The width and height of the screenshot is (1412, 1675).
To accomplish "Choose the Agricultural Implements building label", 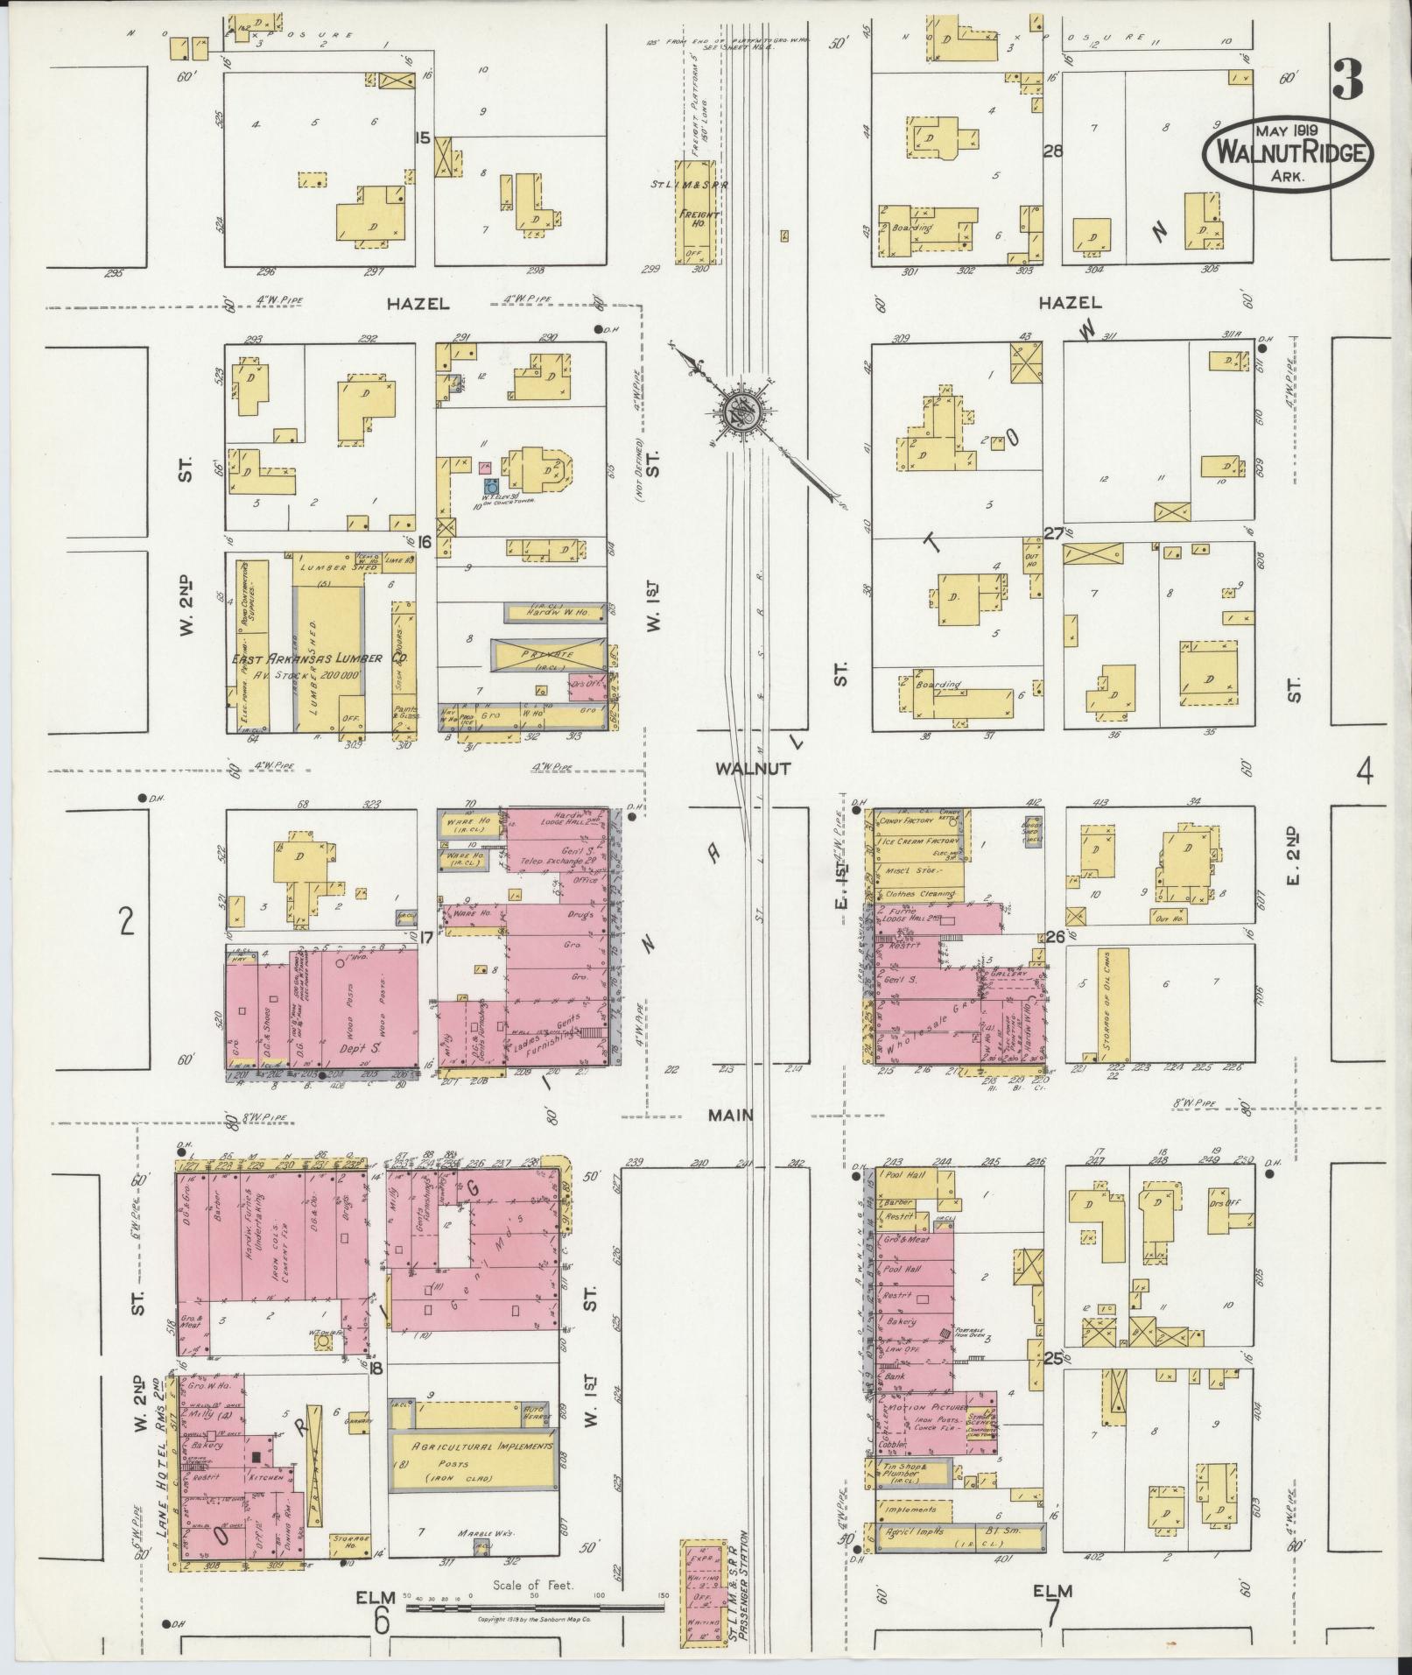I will tap(474, 1446).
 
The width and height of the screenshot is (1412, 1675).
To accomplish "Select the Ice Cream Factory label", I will tap(920, 841).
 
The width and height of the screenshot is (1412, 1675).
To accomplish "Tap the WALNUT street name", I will tap(753, 768).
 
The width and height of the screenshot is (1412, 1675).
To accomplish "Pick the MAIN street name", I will tap(731, 1115).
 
